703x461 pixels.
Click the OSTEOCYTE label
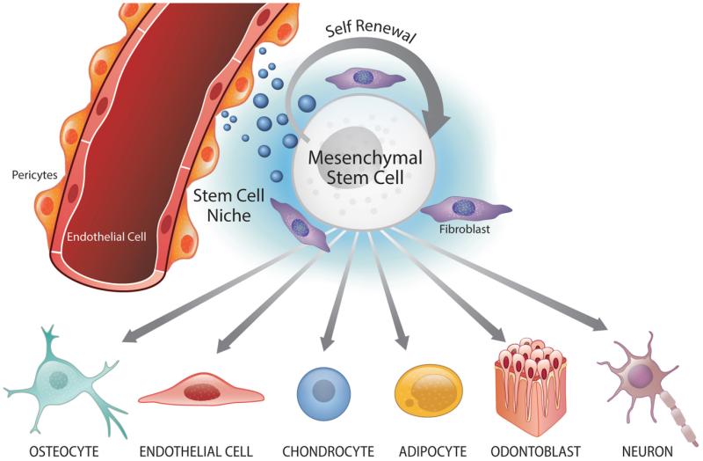point(63,450)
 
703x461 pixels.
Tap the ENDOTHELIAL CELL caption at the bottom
point(196,450)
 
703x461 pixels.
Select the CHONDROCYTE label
point(328,450)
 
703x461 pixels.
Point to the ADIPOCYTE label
point(432,450)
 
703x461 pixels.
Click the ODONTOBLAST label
point(536,450)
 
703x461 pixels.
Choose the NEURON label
point(648,450)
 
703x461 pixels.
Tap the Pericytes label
point(34,175)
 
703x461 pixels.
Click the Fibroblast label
point(465,229)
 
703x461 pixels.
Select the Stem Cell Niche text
point(228,206)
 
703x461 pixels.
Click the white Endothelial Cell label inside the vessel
point(106,237)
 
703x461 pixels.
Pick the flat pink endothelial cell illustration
point(201,390)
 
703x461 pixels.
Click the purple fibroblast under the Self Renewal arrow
point(365,78)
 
